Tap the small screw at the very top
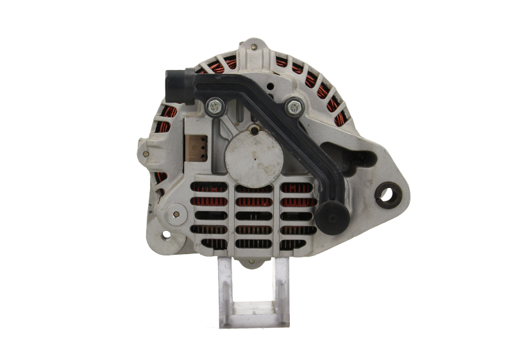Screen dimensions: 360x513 click(255, 46)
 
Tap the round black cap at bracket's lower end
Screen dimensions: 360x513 click(333, 218)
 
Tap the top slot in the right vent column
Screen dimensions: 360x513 click(297, 188)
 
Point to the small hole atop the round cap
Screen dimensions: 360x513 click(255, 132)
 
